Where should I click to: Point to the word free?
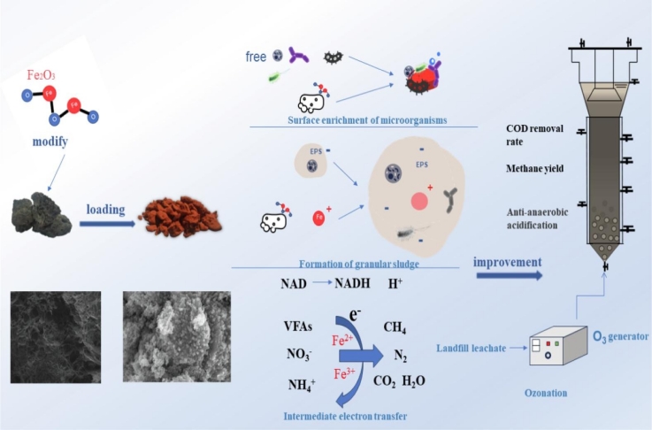(x=257, y=57)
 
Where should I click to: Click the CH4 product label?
(x=395, y=327)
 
